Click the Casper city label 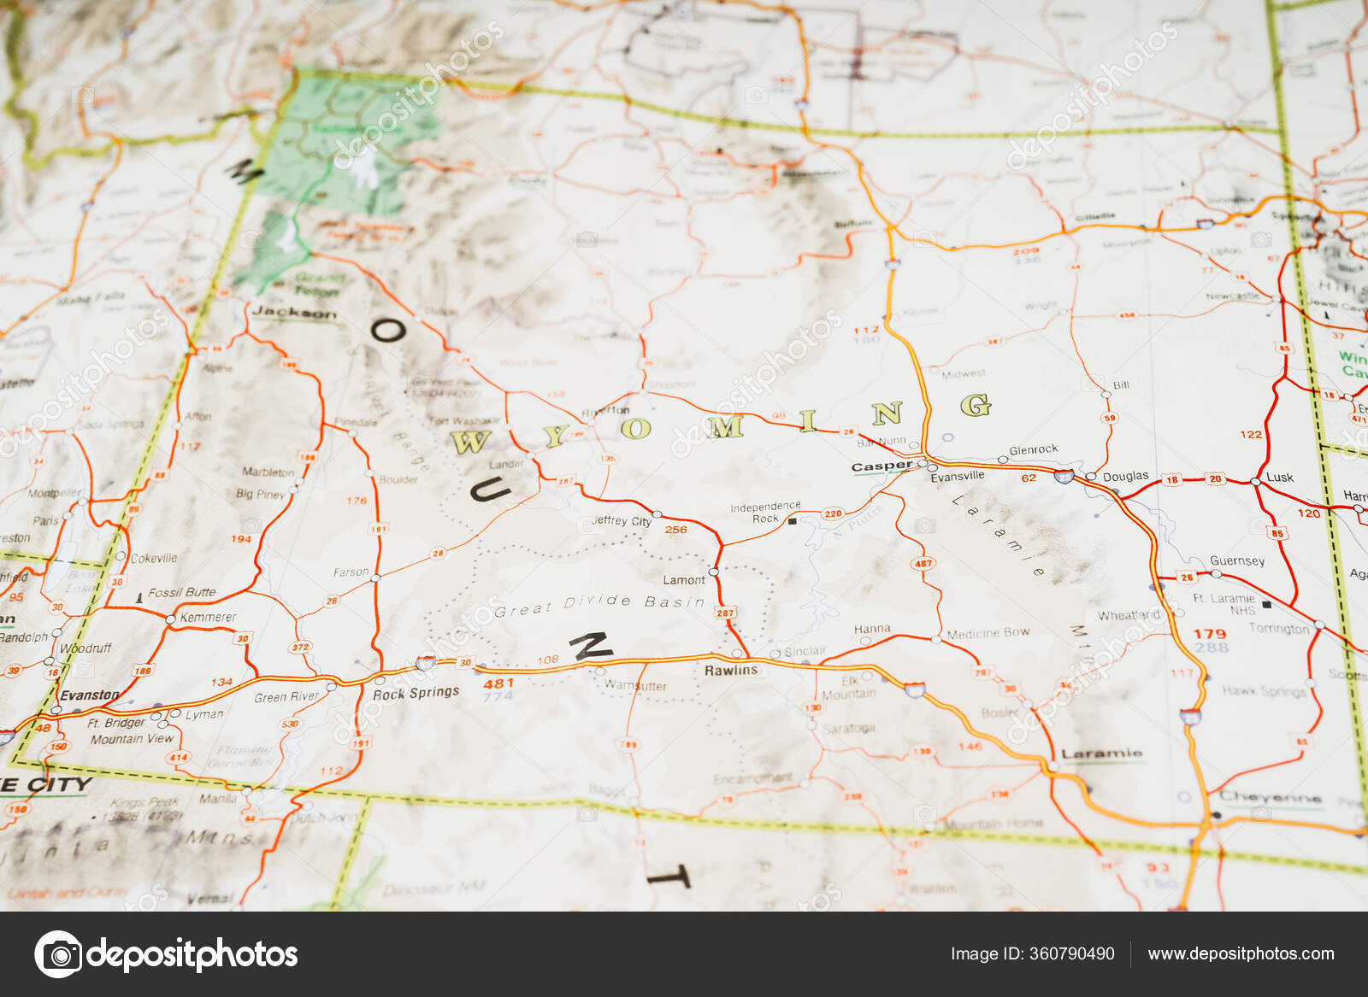(x=882, y=466)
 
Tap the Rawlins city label (x=730, y=671)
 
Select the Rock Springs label (x=416, y=693)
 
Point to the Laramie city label (x=1101, y=754)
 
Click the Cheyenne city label (x=1270, y=797)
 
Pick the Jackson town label (x=294, y=313)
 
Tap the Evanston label (x=89, y=695)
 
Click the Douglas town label (x=1125, y=477)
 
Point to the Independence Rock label (x=765, y=513)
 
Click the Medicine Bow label (x=988, y=634)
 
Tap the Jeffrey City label (x=622, y=520)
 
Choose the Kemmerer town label (x=208, y=617)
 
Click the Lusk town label (x=1280, y=478)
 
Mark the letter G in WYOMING (x=976, y=405)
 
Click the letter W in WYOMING (x=469, y=442)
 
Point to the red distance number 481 (x=498, y=683)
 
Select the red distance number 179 (x=1210, y=634)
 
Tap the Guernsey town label (x=1237, y=560)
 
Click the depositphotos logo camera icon (x=58, y=953)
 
